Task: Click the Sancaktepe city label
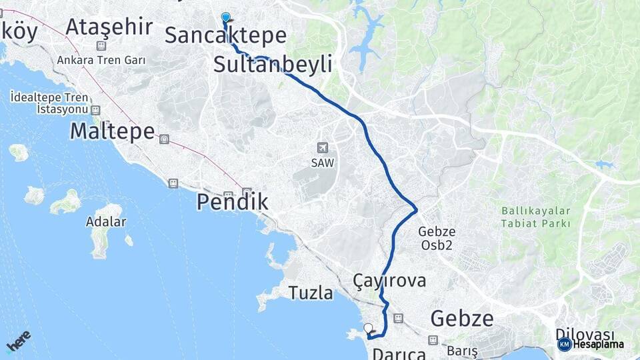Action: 225,35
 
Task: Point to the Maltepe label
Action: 112,131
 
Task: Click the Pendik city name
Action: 232,202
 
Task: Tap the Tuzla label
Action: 311,292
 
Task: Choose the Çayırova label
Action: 389,281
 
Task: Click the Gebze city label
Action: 462,317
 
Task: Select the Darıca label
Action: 399,353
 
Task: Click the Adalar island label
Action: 106,221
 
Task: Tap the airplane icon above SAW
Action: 323,147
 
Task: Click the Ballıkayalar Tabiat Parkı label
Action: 536,217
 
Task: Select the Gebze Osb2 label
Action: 437,238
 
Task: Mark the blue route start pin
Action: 225,18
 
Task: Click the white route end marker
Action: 369,328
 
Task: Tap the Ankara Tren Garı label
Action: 101,60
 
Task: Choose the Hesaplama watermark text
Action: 597,344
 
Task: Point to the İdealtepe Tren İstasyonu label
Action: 49,103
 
